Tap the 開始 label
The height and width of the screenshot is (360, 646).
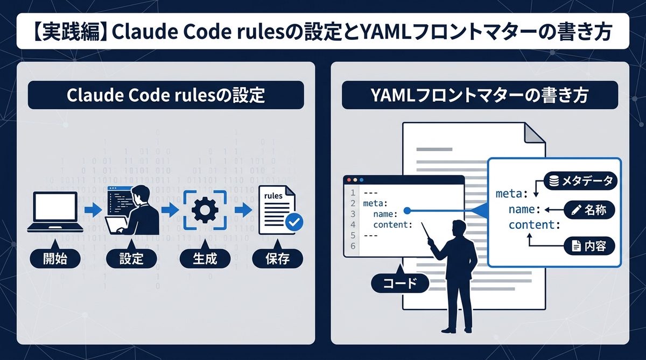pos(55,259)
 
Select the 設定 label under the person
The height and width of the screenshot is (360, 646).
pos(131,259)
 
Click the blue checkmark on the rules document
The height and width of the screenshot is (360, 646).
pos(294,222)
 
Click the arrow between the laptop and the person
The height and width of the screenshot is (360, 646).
pos(93,210)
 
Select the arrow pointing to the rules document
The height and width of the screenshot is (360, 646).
pos(243,210)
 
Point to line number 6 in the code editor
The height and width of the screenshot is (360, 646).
pos(353,246)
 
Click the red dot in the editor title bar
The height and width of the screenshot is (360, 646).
pos(349,180)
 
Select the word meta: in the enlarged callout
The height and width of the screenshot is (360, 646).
pos(513,193)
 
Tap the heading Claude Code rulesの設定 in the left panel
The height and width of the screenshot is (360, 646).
pos(165,95)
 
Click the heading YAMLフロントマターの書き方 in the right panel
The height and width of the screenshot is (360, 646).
pos(479,95)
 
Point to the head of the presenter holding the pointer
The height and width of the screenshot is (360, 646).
pos(461,229)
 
